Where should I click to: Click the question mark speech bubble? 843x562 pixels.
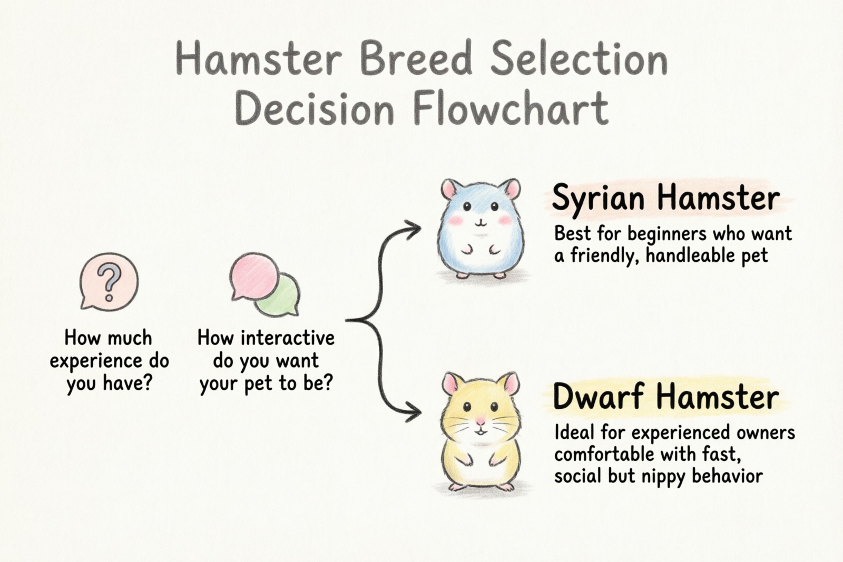coord(109,281)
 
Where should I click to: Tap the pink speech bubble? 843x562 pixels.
coord(254,277)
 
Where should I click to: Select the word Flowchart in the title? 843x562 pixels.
coord(511,110)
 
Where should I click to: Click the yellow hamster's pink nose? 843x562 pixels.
coord(481,421)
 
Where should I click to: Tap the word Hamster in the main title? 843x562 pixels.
coord(259,60)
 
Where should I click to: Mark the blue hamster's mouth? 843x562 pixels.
coord(479,223)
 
